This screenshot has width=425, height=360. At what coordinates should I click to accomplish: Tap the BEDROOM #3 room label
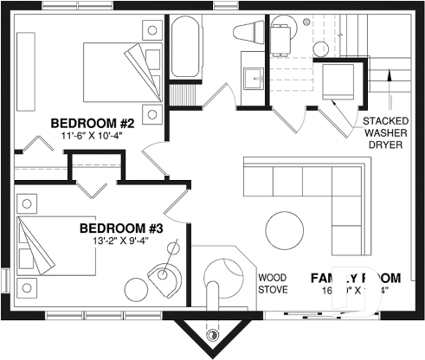[121, 228]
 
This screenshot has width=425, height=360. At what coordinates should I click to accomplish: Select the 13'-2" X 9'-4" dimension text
[121, 241]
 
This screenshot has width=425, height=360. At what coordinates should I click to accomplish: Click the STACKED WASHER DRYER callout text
[385, 133]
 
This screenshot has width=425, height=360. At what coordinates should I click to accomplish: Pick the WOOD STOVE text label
[274, 283]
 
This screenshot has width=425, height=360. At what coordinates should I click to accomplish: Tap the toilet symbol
[249, 33]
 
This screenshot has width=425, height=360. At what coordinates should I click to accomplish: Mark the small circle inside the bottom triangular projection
[211, 335]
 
